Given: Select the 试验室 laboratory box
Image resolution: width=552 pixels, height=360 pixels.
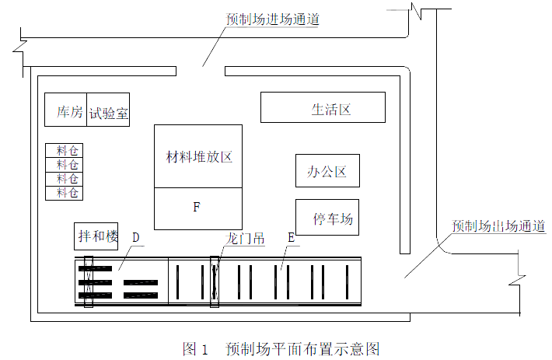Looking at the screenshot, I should coord(108,113).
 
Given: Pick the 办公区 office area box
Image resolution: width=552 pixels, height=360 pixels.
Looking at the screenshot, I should coord(327,171).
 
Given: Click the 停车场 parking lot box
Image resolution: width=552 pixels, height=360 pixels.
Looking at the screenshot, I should coord(327,218).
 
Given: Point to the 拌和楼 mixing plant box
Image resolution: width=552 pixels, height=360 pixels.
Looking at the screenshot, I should coord(96,236).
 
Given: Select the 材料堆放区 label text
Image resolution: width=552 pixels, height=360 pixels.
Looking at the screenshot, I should coord(199,156).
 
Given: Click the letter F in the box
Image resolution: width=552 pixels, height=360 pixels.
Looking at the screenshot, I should coord(197,208).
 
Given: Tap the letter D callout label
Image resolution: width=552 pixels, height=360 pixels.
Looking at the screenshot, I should coord(135,236).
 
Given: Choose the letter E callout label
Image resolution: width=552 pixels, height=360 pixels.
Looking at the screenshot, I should coord(290,236).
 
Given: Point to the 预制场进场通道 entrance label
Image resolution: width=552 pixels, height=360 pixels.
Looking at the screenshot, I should coord(271,18).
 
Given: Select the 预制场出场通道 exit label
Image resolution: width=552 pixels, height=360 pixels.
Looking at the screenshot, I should coord(498,226).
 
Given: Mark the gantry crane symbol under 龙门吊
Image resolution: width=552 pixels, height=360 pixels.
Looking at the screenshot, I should coord(215,281).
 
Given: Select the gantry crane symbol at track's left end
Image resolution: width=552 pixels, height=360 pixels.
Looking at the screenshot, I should coord(88,281).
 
